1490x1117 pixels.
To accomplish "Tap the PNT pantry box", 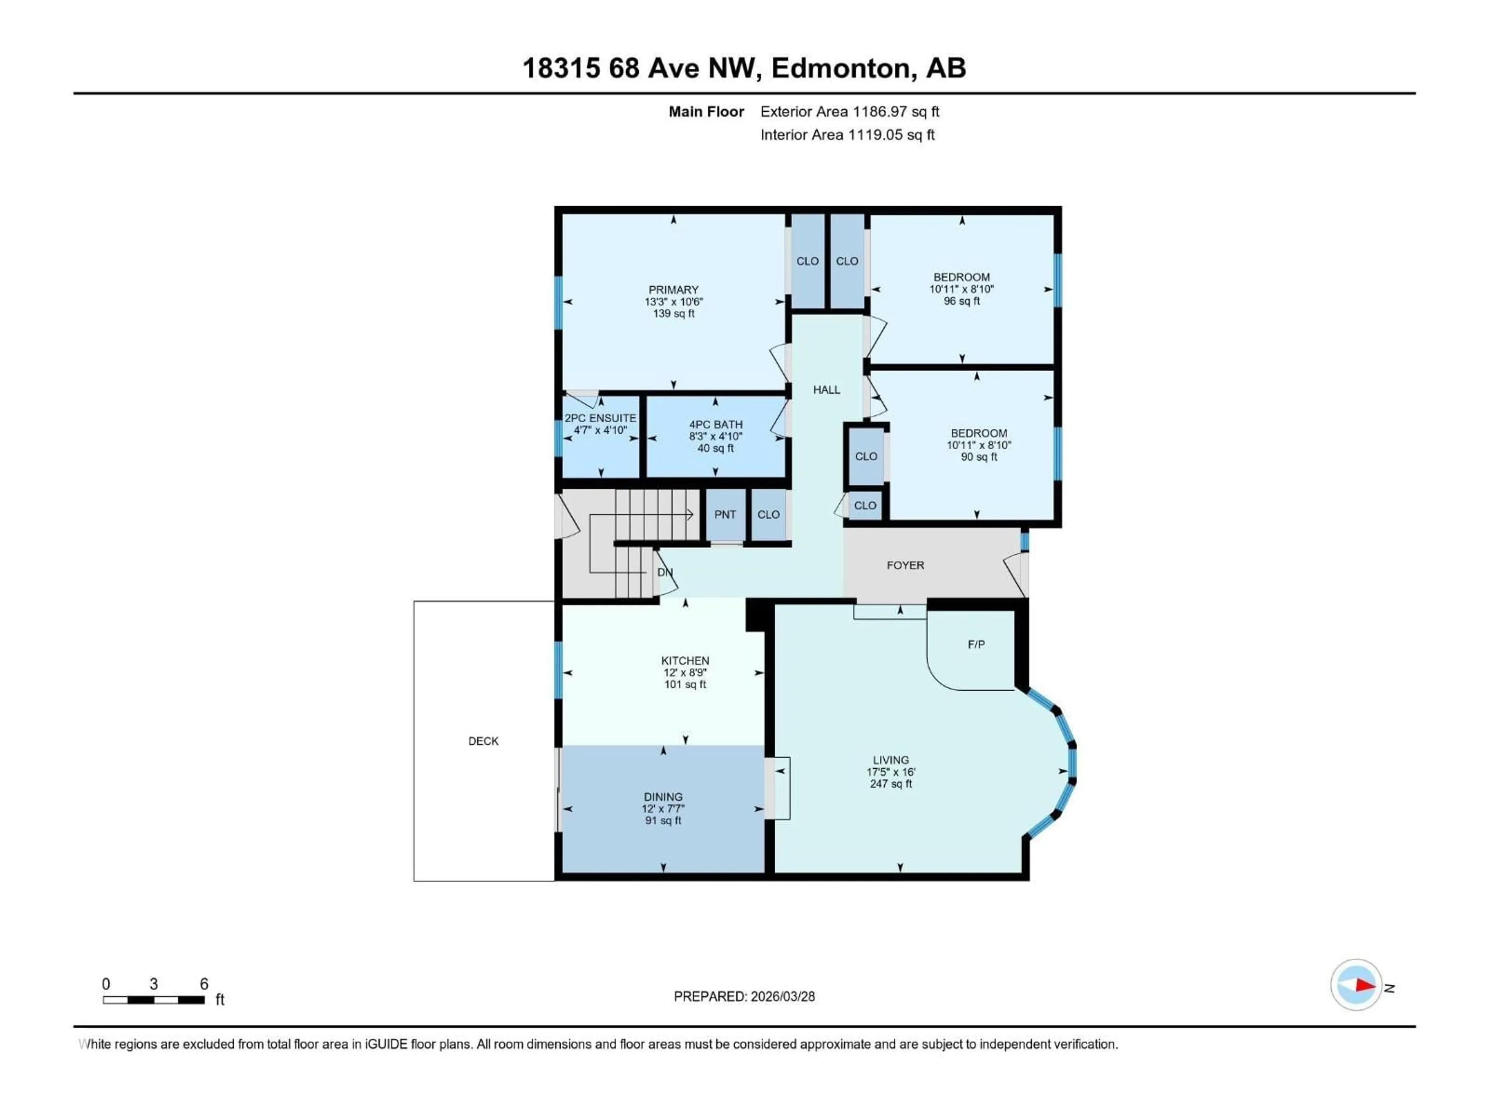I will click(x=725, y=514).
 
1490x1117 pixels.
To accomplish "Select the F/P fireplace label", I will click(x=976, y=644).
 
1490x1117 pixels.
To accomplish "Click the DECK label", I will click(x=483, y=741).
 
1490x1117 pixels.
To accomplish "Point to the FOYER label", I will click(x=904, y=565).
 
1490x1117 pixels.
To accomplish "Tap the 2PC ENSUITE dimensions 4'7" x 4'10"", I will click(x=600, y=430).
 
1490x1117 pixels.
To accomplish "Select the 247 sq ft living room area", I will click(x=891, y=784).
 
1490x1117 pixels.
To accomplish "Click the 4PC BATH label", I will click(x=716, y=424).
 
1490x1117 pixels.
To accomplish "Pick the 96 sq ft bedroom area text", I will click(x=961, y=301).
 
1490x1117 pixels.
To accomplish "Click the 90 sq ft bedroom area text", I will click(x=978, y=456).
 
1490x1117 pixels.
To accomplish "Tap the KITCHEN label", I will click(x=684, y=661).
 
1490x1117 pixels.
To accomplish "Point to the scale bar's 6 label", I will click(x=204, y=984).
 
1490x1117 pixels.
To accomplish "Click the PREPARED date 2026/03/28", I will click(x=781, y=996).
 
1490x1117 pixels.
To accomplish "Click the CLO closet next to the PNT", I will click(x=768, y=514).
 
